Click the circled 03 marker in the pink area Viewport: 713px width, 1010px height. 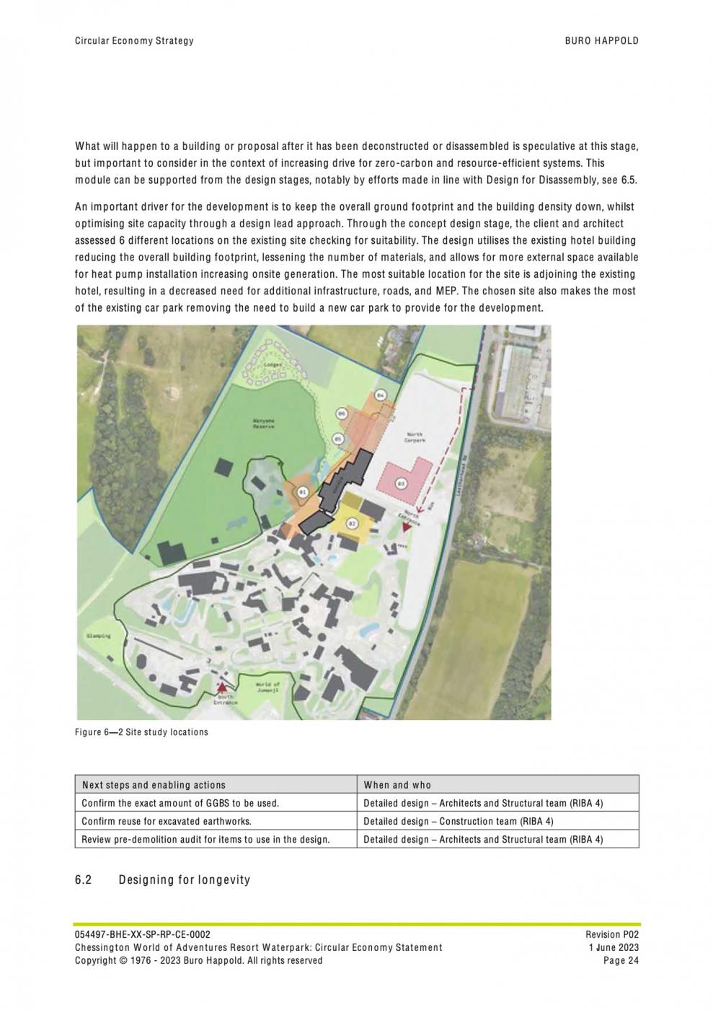point(402,484)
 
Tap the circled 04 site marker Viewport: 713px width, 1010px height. point(381,395)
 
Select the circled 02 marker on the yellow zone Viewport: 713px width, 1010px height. point(350,523)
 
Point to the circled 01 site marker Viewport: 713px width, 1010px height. point(304,492)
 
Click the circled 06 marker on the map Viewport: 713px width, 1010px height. point(342,413)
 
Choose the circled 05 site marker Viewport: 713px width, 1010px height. point(337,439)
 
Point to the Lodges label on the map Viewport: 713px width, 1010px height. point(273,364)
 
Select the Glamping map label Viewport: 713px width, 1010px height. point(99,636)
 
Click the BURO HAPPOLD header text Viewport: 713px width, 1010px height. point(601,41)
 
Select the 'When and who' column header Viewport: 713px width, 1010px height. point(397,785)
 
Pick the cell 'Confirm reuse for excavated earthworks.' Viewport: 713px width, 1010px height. point(167,821)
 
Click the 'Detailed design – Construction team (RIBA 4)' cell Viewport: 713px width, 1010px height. point(459,821)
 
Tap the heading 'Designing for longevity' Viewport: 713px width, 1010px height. point(184,879)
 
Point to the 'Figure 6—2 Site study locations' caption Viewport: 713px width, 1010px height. point(141,732)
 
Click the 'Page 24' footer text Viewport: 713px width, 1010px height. point(621,960)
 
